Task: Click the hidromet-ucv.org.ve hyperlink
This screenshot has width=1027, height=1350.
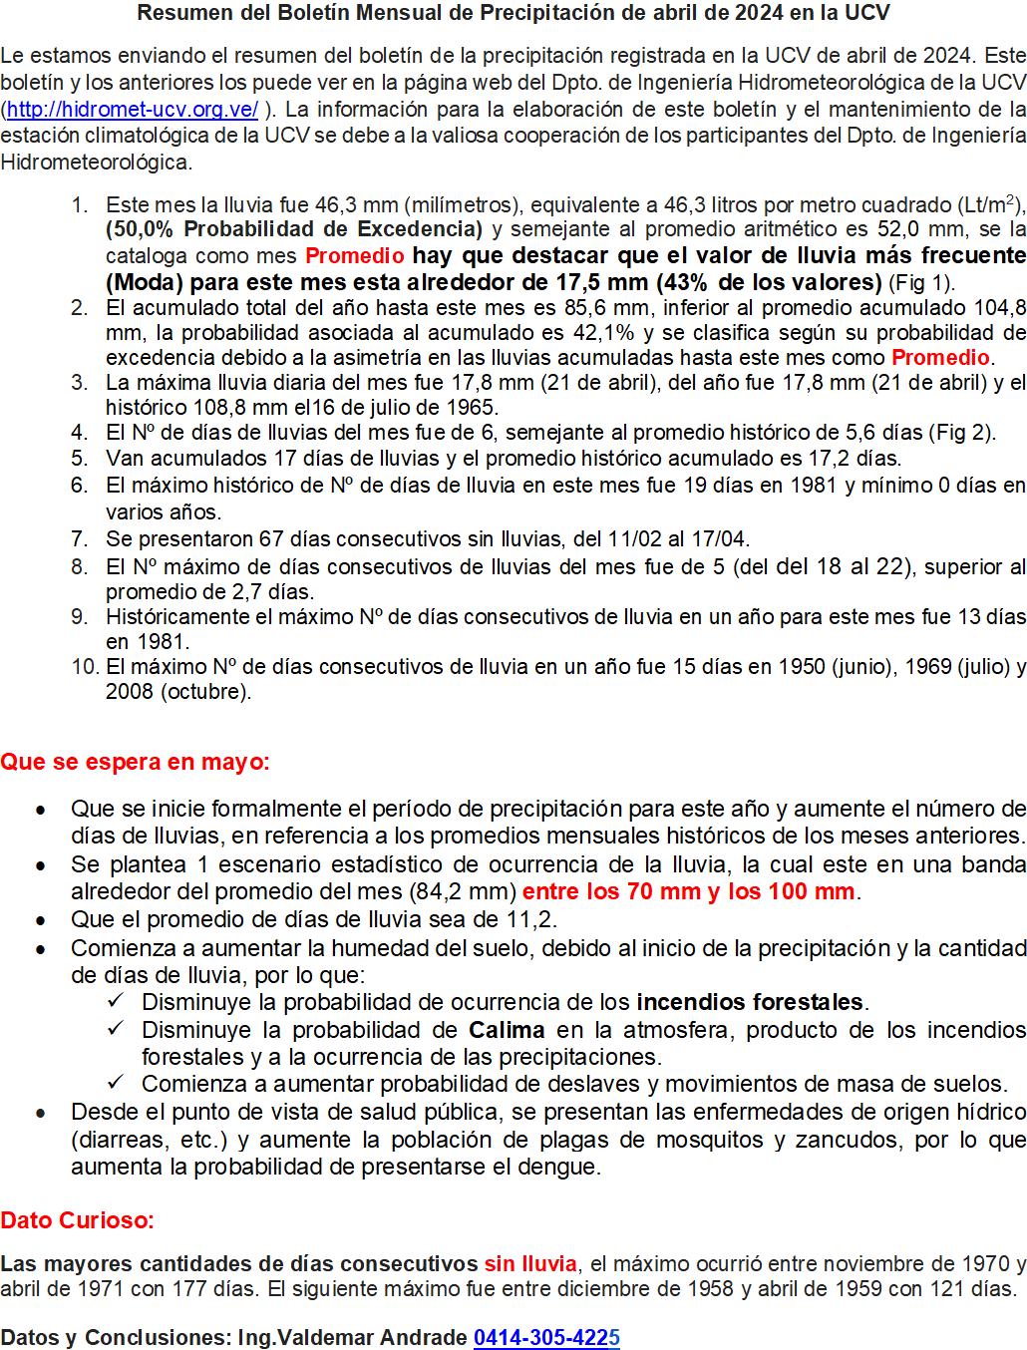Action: tap(133, 110)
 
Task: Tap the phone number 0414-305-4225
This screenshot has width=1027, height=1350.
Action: tap(546, 1337)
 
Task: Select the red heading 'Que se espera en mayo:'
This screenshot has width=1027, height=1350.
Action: tap(135, 763)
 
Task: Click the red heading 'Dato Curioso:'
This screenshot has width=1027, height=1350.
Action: tap(77, 1220)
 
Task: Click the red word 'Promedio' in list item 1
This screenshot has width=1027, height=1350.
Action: tap(354, 256)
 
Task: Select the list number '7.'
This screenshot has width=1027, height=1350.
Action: tap(80, 539)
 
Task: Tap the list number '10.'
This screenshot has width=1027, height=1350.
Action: tap(84, 667)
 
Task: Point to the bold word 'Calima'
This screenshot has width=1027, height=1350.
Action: tap(507, 1030)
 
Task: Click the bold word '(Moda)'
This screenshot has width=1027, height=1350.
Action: tap(145, 282)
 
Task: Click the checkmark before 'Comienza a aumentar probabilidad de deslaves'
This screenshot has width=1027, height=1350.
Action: tap(116, 1083)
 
